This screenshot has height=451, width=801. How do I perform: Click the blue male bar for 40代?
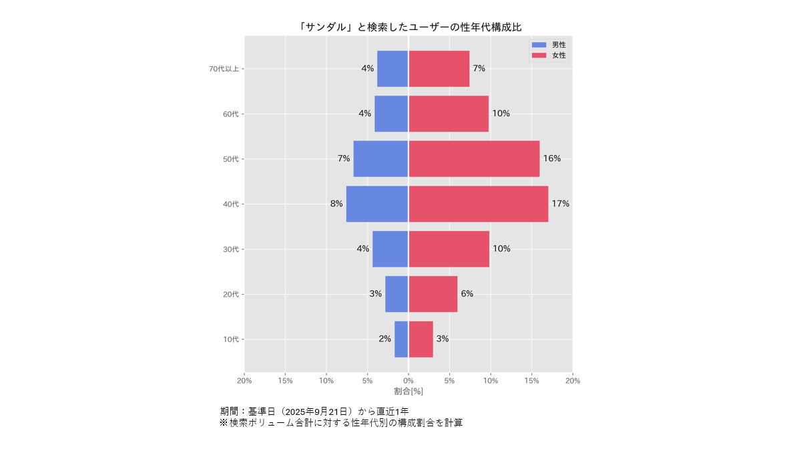click(x=377, y=204)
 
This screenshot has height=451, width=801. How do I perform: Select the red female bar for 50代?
click(x=474, y=159)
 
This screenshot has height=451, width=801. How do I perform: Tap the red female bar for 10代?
click(x=421, y=339)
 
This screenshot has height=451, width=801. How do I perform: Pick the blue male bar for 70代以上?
click(x=392, y=69)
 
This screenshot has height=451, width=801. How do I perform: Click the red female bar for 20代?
click(x=433, y=294)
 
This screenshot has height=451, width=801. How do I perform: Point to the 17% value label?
click(x=561, y=204)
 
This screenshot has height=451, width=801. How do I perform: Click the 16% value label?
click(x=552, y=159)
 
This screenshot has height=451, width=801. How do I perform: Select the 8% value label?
click(x=336, y=204)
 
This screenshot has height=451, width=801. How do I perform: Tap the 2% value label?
click(x=384, y=339)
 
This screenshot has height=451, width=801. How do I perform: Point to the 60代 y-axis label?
click(x=231, y=114)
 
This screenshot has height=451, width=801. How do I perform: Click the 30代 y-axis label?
click(x=231, y=249)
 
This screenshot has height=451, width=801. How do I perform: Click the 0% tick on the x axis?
click(x=409, y=381)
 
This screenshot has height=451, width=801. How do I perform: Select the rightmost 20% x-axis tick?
click(x=572, y=381)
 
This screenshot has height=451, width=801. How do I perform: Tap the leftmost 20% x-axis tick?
click(x=244, y=381)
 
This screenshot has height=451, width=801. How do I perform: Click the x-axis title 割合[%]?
click(x=409, y=391)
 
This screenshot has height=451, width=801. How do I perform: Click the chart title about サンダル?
click(x=410, y=27)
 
